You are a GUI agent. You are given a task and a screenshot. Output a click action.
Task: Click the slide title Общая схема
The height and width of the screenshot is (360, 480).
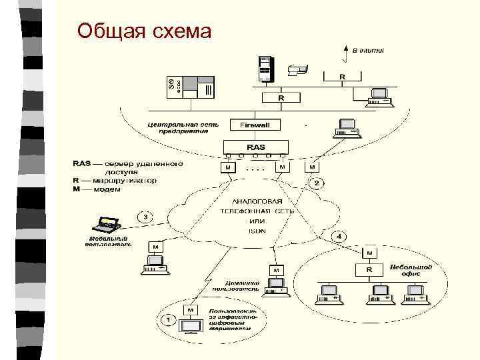coord(144,31)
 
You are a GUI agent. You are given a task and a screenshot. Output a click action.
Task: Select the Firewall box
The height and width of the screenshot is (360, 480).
coord(255,125)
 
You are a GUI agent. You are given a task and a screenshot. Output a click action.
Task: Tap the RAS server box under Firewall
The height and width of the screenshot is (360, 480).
coord(255,147)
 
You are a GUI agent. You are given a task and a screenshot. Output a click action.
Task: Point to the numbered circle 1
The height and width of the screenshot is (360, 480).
coord(169,320)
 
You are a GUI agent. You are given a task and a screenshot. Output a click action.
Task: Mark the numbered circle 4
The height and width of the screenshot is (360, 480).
coord(339,237)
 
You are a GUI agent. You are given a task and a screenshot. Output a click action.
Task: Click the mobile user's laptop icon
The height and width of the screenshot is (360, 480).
coord(107,225)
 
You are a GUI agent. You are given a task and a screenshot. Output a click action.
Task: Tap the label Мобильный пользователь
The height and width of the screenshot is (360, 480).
coord(109,241)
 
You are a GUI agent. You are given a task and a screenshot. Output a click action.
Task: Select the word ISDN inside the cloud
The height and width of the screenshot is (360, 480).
coord(257,231)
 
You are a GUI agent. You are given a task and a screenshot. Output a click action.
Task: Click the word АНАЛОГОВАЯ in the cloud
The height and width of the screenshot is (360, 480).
coord(257,201)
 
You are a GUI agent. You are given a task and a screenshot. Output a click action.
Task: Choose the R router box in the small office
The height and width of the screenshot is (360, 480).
coord(369,269)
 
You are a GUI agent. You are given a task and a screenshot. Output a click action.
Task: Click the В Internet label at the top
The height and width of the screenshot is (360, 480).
coord(367,50)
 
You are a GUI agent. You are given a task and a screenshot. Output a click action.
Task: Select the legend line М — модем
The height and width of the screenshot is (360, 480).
coord(97,189)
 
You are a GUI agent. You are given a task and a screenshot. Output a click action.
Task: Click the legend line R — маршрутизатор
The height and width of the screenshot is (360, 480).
coord(114,180)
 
